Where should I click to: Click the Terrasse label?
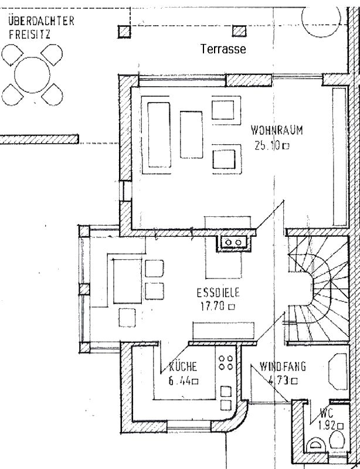223,49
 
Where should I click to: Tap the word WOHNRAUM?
277,131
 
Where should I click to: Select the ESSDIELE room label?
218,293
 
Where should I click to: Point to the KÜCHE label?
183,366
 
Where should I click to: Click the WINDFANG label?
283,366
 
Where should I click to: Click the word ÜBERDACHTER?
41,21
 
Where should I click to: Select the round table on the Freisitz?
32,75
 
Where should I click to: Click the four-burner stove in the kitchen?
226,362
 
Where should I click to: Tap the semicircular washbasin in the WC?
315,445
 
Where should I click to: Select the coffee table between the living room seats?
191,134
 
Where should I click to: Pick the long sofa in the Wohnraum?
159,135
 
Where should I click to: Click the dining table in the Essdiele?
127,281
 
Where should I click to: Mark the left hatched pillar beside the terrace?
124,32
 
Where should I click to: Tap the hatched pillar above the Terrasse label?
239,31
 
